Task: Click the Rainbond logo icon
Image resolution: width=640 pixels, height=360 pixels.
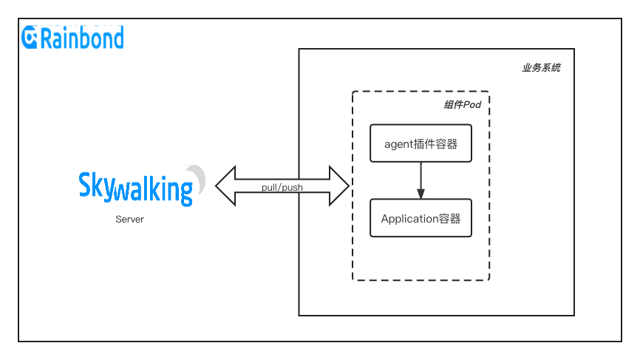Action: point(30,37)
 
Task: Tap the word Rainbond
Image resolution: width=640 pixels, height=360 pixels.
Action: point(82,37)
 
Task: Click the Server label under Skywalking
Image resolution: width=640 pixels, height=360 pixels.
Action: point(129,220)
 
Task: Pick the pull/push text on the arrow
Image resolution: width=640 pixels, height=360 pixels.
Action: point(282,188)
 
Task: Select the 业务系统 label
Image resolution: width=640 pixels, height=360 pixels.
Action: point(541,68)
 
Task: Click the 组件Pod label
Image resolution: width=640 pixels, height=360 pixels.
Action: point(462,105)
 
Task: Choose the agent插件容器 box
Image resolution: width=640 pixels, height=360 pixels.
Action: point(421,143)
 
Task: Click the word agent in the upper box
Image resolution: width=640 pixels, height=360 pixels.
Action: point(401,144)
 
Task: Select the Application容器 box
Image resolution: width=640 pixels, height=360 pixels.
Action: point(421,218)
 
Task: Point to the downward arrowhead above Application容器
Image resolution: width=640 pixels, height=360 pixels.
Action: point(421,194)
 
